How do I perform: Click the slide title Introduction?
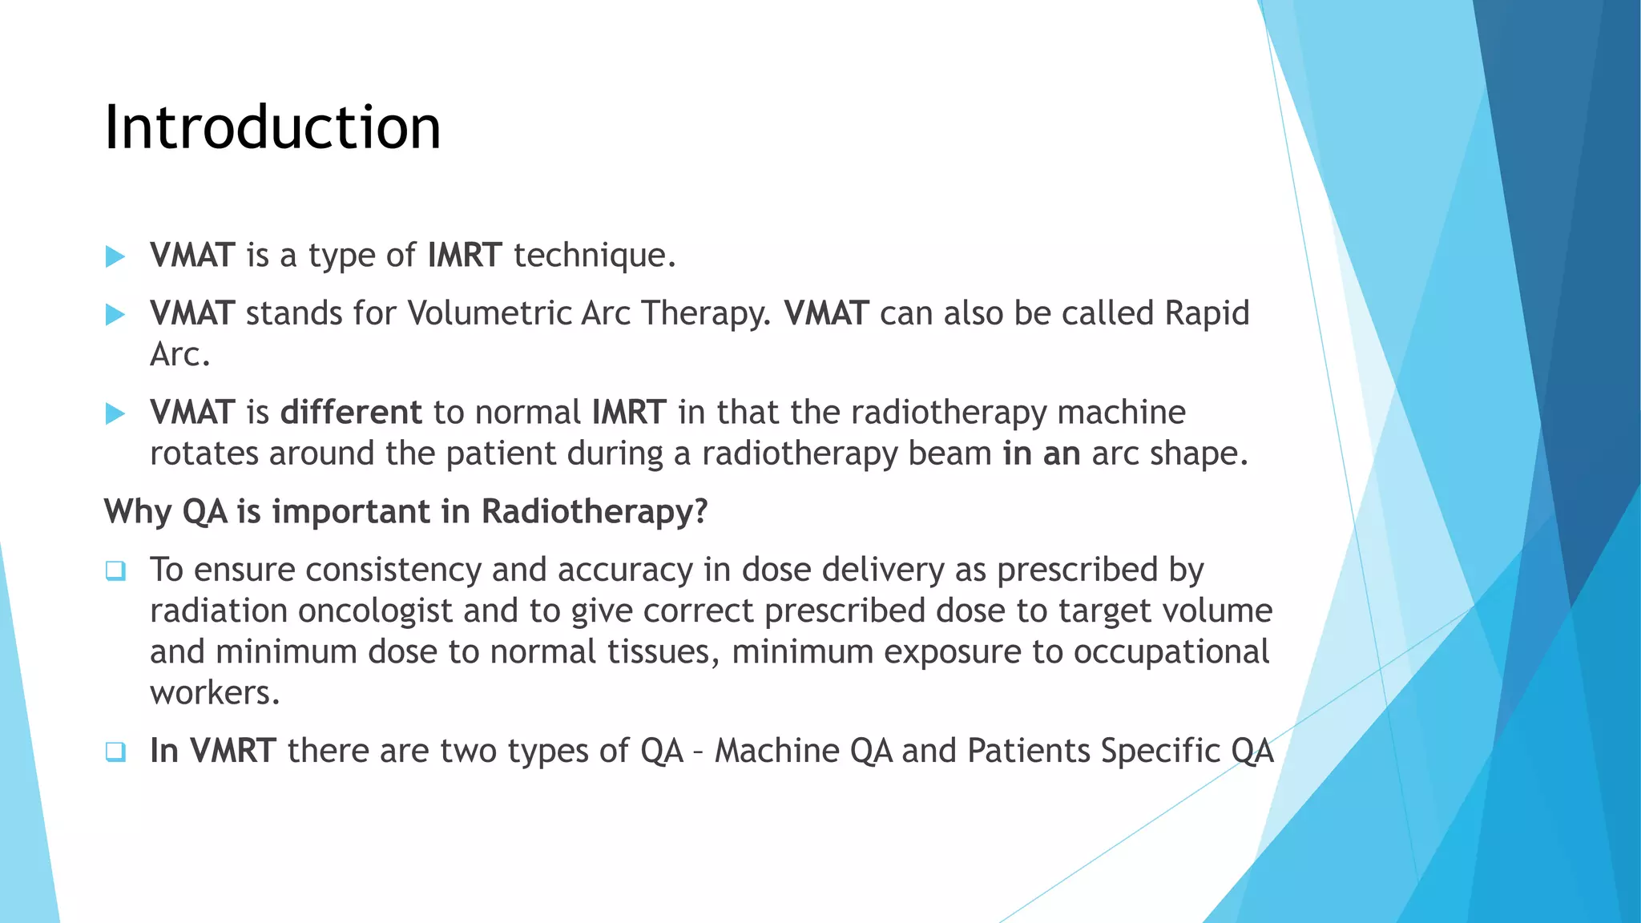[272, 128]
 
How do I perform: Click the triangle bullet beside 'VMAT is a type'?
[115, 256]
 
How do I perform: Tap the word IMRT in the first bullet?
[465, 256]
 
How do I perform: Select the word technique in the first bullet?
[594, 256]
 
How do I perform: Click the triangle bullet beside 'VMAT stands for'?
[115, 315]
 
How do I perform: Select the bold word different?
[351, 413]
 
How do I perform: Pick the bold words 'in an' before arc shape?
[1041, 454]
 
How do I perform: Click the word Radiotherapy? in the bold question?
[595, 512]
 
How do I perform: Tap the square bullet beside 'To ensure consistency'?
[115, 571]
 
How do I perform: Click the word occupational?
[1171, 652]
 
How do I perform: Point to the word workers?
[214, 693]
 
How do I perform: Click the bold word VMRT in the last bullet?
[233, 752]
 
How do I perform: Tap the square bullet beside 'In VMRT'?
[115, 752]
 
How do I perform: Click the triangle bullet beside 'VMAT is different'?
[115, 414]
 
